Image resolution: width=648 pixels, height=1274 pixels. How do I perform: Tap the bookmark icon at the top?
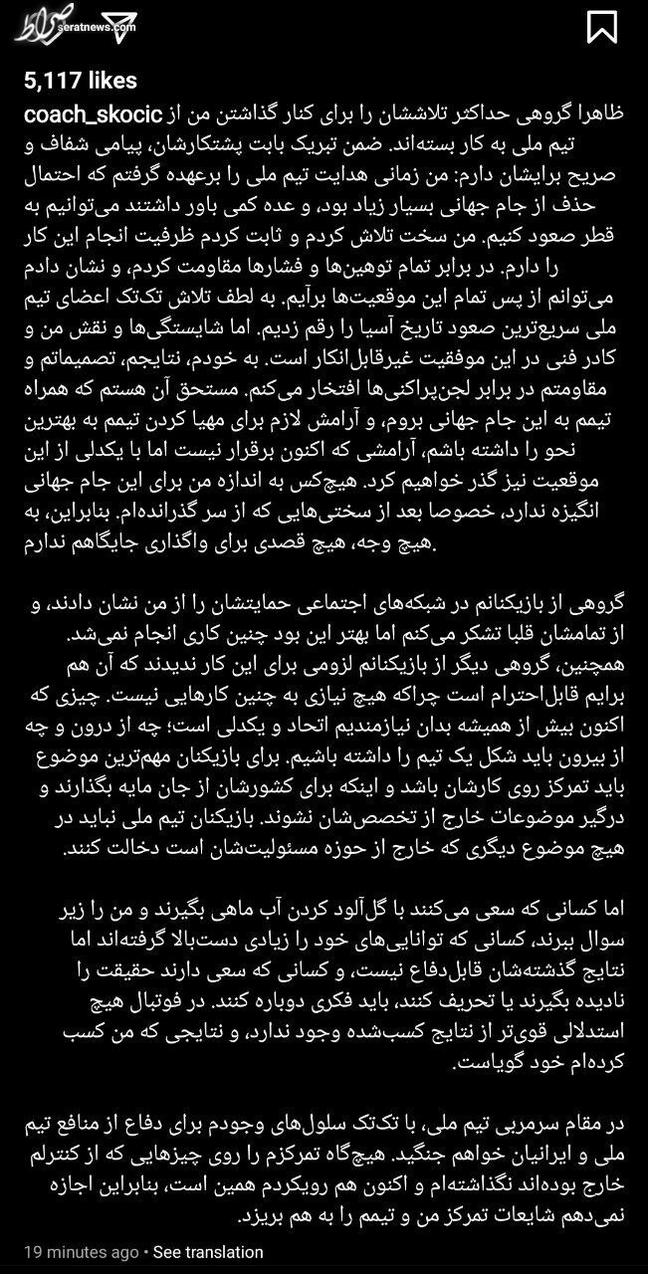click(x=602, y=27)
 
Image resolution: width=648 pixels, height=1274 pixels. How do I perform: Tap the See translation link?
click(x=208, y=1252)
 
